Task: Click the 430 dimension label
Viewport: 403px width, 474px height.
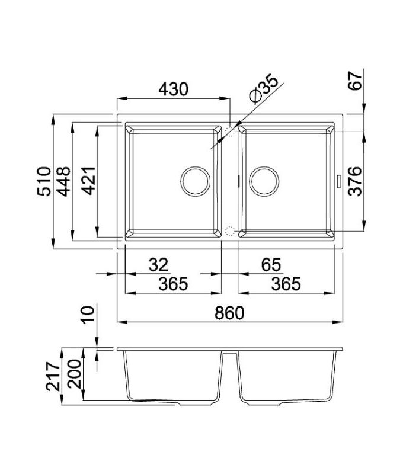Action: pyautogui.click(x=173, y=89)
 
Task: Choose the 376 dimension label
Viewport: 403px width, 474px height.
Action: pyautogui.click(x=354, y=180)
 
